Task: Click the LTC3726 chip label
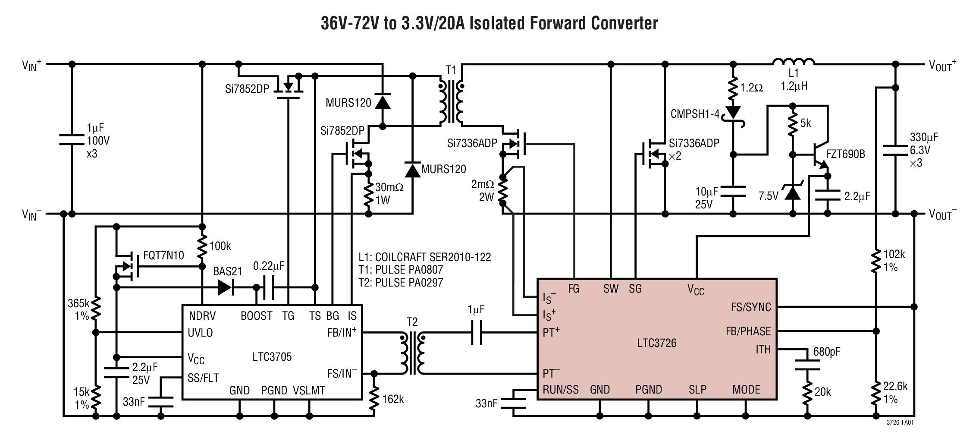(656, 343)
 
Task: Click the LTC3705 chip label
(272, 357)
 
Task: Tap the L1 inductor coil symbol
(794, 63)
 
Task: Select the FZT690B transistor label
(845, 154)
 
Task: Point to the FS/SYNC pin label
(751, 307)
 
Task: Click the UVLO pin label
(200, 333)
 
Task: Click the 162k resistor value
(392, 399)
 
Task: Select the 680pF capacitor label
(826, 352)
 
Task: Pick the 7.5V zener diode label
(768, 196)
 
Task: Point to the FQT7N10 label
(163, 255)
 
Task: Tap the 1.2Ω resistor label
(751, 88)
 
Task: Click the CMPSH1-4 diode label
(695, 114)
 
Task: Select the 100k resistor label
(220, 246)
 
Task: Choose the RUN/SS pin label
(560, 390)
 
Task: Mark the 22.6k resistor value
(895, 386)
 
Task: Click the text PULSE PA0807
(409, 270)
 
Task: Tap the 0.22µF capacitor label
(269, 266)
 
